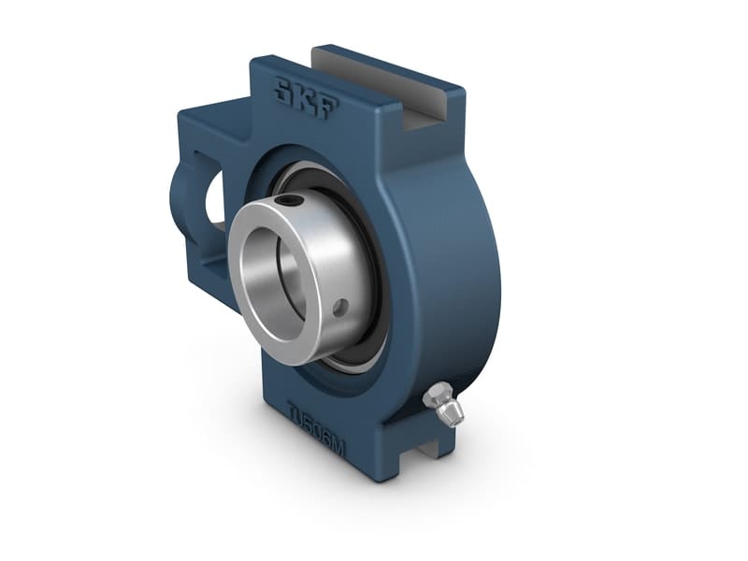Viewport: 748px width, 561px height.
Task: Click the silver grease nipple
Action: (441, 403)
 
